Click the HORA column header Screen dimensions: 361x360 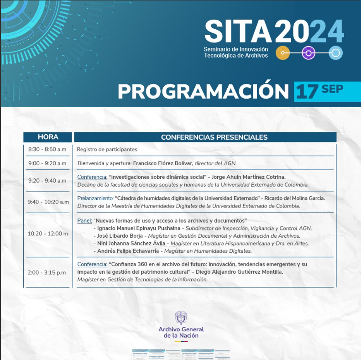(48, 137)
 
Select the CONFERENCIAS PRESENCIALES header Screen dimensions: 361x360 (214, 137)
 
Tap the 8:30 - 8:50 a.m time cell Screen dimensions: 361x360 (47, 149)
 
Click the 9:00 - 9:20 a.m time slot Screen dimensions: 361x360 (47, 163)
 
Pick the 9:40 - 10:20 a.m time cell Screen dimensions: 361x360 (48, 202)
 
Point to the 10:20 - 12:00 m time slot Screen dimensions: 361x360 (48, 234)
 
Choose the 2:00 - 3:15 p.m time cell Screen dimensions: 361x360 (47, 272)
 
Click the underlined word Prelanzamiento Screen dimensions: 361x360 (95, 198)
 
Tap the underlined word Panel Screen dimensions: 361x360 (84, 220)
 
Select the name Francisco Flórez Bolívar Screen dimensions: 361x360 (163, 163)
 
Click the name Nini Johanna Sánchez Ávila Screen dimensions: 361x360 (131, 243)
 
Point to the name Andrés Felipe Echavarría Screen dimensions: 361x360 (128, 251)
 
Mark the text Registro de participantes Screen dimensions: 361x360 (107, 149)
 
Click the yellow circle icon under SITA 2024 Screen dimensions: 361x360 (283, 53)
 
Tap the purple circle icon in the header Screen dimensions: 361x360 (309, 53)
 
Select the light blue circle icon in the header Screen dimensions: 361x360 (336, 53)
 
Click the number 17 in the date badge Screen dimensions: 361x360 (307, 92)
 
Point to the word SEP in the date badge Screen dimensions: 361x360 (332, 89)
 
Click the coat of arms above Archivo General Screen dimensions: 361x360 (181, 318)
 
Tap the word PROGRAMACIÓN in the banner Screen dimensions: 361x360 (203, 91)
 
